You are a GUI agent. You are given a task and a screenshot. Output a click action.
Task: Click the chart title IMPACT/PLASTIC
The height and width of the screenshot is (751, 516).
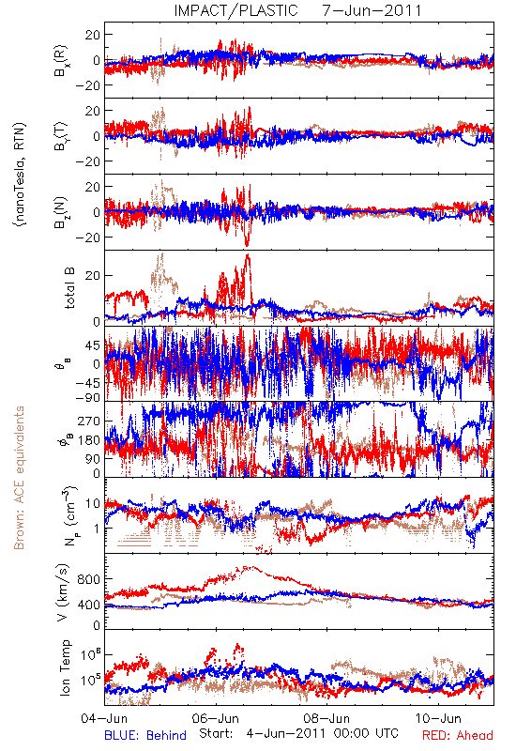pyautogui.click(x=236, y=10)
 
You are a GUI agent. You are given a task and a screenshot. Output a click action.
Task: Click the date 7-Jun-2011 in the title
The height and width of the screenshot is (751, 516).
pyautogui.click(x=372, y=10)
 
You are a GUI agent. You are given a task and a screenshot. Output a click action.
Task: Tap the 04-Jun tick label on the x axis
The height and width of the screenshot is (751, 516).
pyautogui.click(x=104, y=718)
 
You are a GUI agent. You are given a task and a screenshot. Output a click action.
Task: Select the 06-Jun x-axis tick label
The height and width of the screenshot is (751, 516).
pyautogui.click(x=216, y=718)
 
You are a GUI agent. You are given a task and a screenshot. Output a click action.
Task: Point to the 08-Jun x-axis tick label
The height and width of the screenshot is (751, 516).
pyautogui.click(x=327, y=718)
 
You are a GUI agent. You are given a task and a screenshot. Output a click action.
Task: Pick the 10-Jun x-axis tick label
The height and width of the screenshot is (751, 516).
pyautogui.click(x=439, y=718)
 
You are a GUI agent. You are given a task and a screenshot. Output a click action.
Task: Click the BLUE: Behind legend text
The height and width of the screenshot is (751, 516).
pyautogui.click(x=145, y=735)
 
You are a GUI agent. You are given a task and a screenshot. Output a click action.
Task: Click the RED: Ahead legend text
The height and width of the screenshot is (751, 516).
pyautogui.click(x=458, y=735)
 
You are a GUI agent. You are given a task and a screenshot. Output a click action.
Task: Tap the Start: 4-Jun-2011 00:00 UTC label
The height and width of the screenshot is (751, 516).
pyautogui.click(x=298, y=733)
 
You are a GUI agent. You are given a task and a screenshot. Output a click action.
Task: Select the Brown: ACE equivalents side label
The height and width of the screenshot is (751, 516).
pyautogui.click(x=19, y=478)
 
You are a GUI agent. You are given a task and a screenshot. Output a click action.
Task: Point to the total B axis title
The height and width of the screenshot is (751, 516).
pyautogui.click(x=69, y=288)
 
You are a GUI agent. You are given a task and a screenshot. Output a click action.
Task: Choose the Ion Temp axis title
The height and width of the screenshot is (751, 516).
pyautogui.click(x=65, y=667)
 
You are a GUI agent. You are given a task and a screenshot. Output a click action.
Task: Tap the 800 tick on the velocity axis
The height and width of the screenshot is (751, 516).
pyautogui.click(x=90, y=579)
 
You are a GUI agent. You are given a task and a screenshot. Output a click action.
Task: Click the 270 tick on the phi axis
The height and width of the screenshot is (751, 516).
pyautogui.click(x=90, y=421)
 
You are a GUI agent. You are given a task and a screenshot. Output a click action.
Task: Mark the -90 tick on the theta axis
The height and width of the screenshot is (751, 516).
pyautogui.click(x=88, y=398)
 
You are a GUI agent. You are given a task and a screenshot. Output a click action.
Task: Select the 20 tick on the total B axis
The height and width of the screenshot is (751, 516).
pyautogui.click(x=93, y=276)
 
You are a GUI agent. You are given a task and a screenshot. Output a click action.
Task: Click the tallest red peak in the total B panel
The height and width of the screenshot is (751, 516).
pyautogui.click(x=248, y=254)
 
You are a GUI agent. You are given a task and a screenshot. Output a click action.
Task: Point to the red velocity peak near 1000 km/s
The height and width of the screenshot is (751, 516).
pyautogui.click(x=249, y=568)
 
